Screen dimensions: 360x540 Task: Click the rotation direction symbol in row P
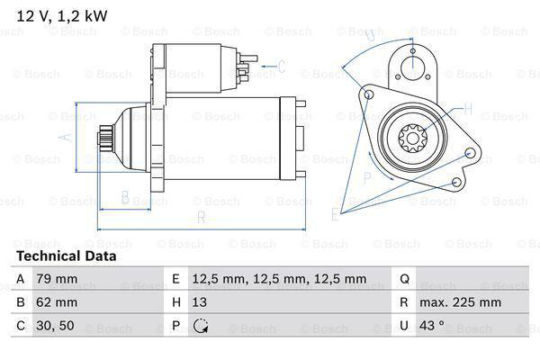(200, 327)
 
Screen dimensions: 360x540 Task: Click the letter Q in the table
(404, 279)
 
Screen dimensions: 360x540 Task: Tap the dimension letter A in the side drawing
(63, 138)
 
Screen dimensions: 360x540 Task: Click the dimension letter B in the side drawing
(125, 197)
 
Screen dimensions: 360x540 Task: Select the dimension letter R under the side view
(201, 217)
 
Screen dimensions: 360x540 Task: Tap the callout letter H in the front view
(467, 109)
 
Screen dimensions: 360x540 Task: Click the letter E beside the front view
(334, 213)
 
